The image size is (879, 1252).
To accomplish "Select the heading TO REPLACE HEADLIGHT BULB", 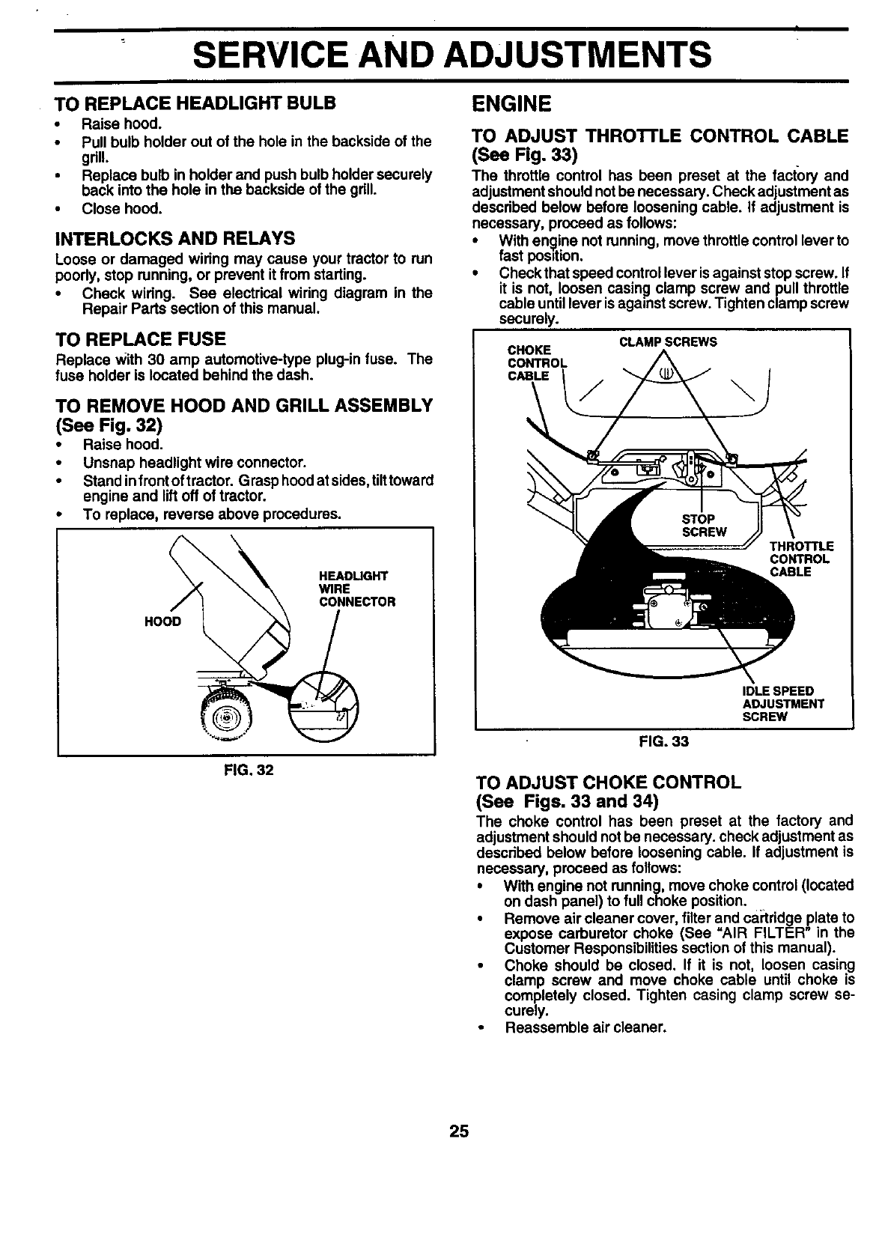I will point(196,103).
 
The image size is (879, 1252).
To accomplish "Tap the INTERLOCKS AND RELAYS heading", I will point(175,239).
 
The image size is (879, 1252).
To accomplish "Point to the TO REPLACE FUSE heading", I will point(141,339).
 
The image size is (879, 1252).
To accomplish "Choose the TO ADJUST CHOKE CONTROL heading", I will point(609,783).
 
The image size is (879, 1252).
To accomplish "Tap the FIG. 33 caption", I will point(663,741).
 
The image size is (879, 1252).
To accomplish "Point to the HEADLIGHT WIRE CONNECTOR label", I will point(357,589).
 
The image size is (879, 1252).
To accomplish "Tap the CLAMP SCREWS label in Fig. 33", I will point(669,342).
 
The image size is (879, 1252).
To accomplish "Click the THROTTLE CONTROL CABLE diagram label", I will point(800,559).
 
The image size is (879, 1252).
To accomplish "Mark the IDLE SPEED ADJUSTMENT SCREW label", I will point(782,703).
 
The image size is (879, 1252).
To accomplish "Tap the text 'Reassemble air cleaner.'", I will point(586,1027).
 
